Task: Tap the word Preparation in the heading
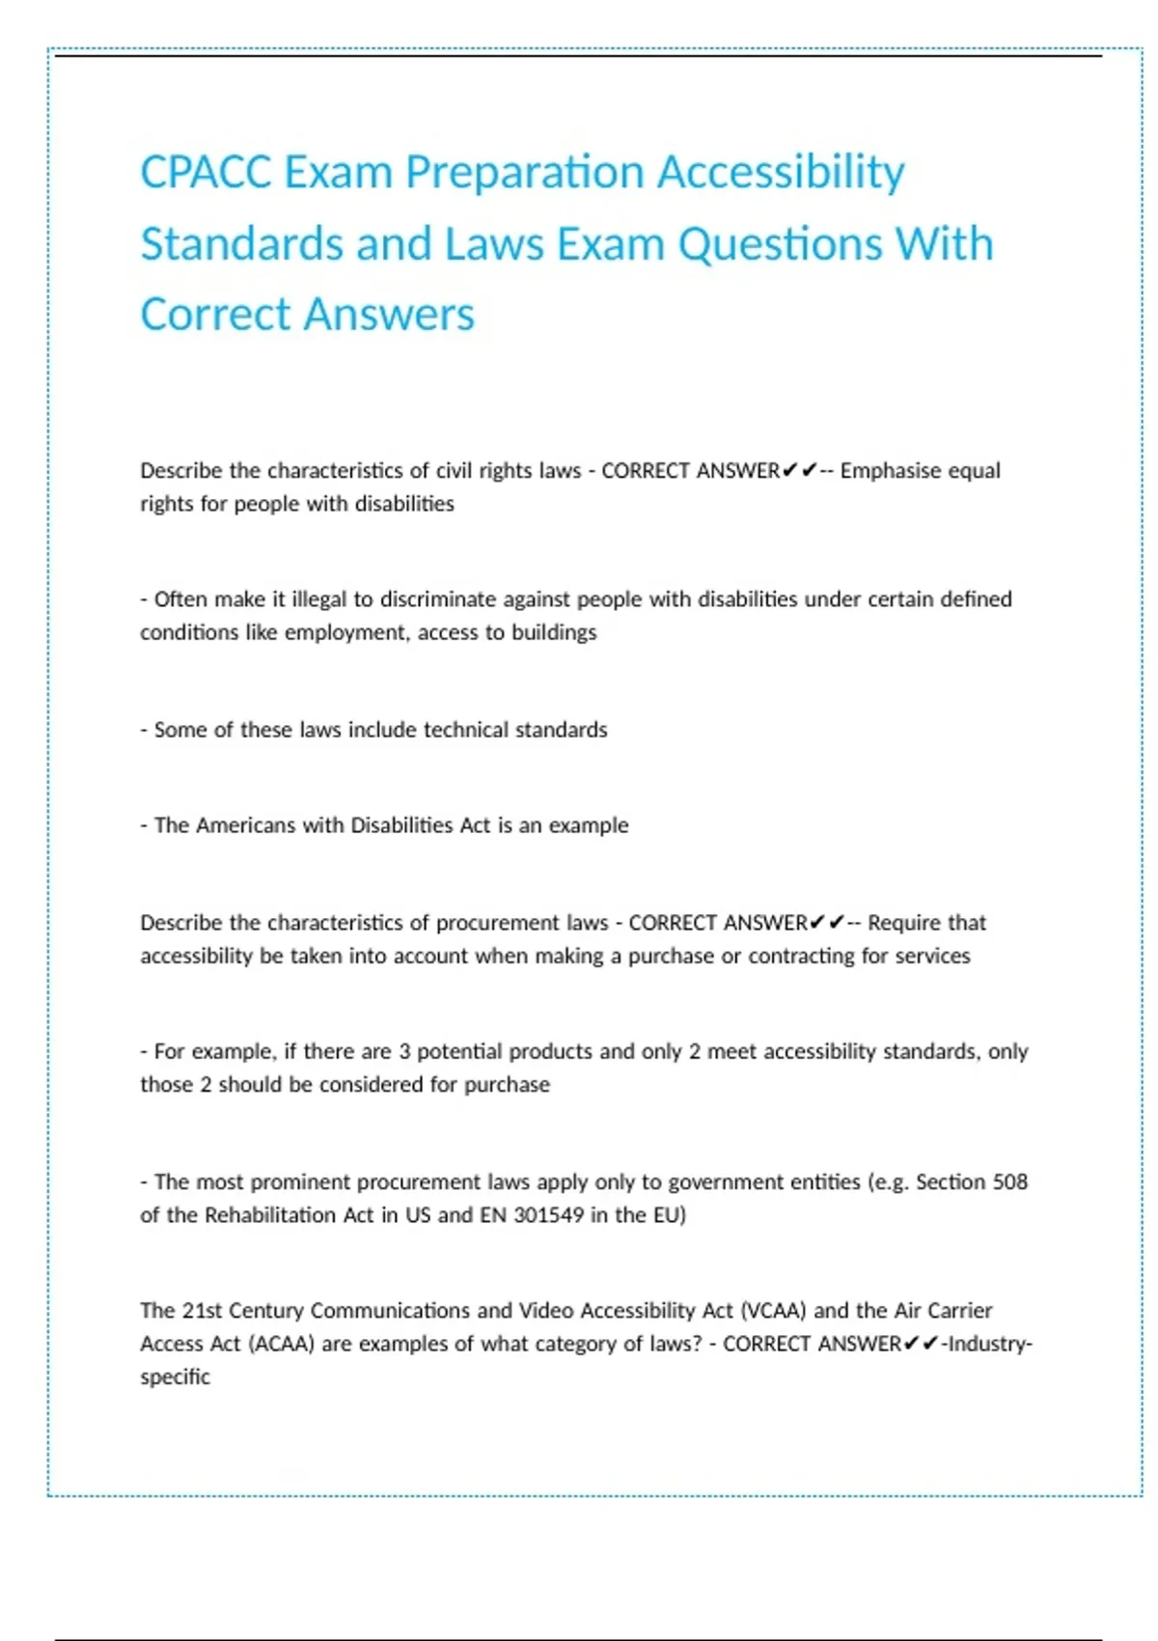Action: (524, 173)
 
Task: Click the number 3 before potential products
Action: (404, 1051)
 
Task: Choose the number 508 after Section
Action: (1009, 1182)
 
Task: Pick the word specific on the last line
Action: (175, 1377)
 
